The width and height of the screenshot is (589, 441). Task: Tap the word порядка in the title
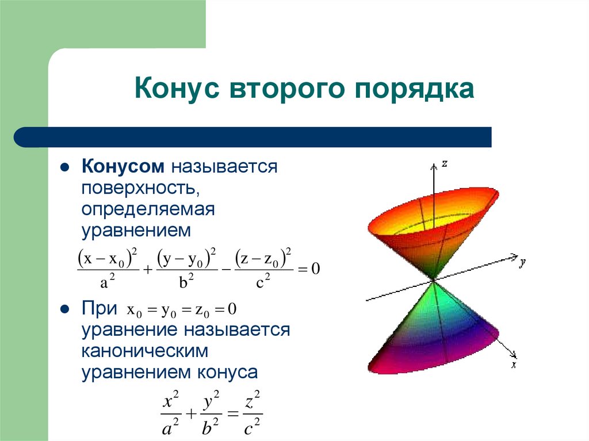coord(409,90)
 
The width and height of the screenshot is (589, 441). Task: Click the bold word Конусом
coord(123,167)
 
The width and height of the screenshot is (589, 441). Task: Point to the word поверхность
coord(140,189)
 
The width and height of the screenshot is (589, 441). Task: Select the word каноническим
coord(144,350)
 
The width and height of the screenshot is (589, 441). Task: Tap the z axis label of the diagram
coord(445,164)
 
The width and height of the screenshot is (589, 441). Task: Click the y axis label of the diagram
coord(523,263)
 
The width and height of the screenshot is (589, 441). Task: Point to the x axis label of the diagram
coord(514,365)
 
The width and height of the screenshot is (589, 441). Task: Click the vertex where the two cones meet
coord(433,280)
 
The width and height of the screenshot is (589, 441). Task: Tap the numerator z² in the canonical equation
coord(253,399)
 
